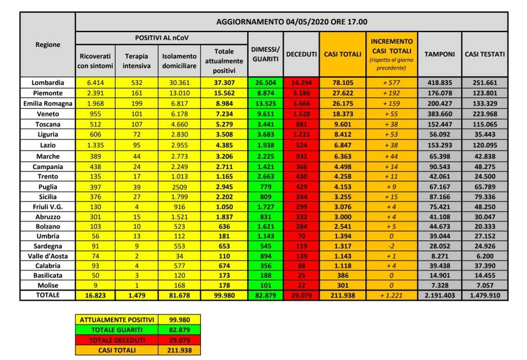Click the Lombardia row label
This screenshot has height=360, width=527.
[x=48, y=82]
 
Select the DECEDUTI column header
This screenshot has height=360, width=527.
[x=301, y=54]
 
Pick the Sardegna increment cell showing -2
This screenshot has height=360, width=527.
[x=391, y=246]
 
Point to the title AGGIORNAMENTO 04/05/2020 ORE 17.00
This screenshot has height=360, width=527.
[x=291, y=22]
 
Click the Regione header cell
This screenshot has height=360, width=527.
[x=48, y=44]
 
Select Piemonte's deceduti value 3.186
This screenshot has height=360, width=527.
[x=301, y=92]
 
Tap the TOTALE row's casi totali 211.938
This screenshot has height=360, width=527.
[x=342, y=295]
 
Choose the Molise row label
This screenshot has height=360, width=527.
[x=48, y=285]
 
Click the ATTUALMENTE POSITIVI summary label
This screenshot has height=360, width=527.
[x=117, y=320]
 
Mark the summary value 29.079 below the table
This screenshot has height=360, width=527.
[x=179, y=340]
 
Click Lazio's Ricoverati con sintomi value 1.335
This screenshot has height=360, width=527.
[x=95, y=145]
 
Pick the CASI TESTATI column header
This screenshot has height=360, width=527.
[x=485, y=54]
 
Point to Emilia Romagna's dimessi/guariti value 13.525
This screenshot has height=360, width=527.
[x=265, y=103]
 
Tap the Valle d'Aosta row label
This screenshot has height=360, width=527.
[x=48, y=256]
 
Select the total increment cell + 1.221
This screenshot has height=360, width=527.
[x=391, y=295]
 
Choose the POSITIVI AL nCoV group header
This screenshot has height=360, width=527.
[x=162, y=37]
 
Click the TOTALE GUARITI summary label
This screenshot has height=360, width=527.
[x=117, y=330]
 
